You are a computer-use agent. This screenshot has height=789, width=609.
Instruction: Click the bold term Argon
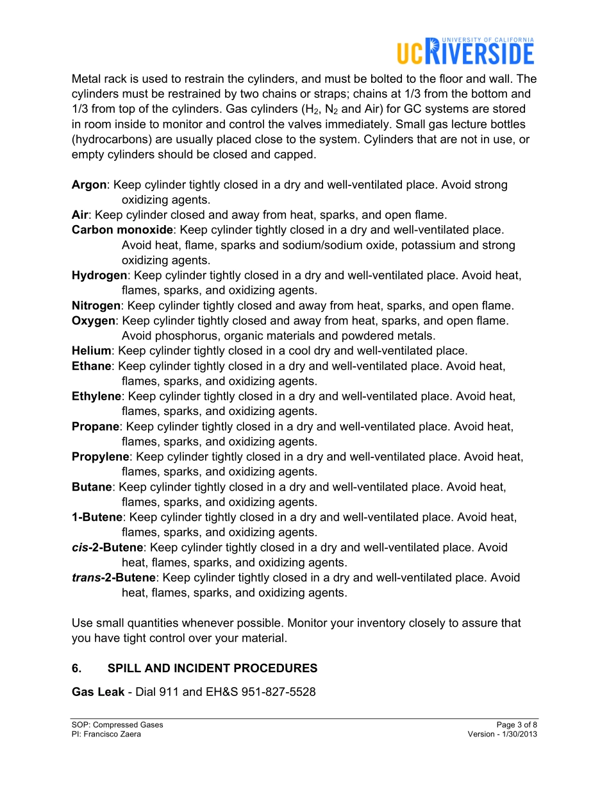pos(89,185)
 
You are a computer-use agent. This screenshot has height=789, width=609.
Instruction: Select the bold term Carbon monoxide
pos(122,230)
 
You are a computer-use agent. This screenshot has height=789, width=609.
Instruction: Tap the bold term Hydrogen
pos(99,275)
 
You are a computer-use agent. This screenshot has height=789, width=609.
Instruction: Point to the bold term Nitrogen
pos(96,305)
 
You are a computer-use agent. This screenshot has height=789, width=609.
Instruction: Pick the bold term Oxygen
pos(94,321)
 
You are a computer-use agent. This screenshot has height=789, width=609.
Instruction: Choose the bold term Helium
pos(92,351)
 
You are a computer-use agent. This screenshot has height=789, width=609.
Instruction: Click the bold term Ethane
pos(92,366)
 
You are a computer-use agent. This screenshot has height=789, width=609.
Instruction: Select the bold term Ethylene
pos(96,396)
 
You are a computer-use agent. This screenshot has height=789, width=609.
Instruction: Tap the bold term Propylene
pos(101,457)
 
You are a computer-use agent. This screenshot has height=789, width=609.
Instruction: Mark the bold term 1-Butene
pos(97,517)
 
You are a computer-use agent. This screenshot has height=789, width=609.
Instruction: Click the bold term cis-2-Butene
pos(107,547)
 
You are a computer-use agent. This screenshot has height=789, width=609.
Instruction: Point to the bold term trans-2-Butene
pos(113,577)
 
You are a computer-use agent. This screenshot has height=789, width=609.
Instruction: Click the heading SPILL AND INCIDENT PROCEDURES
pos(212,668)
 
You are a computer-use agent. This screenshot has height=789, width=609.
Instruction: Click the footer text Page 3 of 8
pos(517,725)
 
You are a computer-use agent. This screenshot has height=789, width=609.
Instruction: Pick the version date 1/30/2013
pos(519,734)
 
